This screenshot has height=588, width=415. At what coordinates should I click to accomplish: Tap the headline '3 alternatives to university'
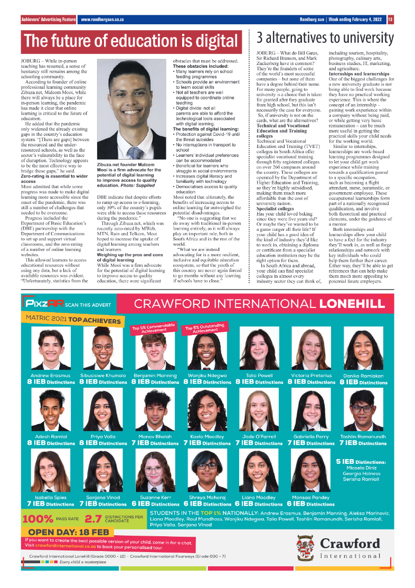(x=325, y=38)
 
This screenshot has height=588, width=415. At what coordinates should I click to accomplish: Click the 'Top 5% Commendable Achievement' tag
(x=154, y=329)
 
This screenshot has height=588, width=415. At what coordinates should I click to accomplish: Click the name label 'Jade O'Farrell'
(x=259, y=437)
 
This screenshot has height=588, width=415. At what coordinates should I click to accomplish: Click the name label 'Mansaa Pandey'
(x=311, y=498)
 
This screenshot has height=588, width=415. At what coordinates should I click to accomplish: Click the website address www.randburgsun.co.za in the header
(x=102, y=20)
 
